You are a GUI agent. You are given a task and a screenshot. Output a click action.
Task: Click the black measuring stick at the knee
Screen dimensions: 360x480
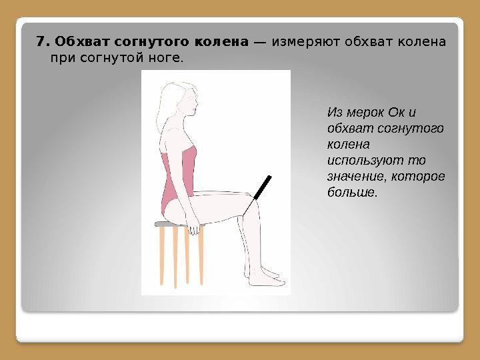click(262, 187)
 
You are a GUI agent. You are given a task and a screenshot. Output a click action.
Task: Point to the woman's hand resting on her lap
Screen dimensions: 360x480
click(193, 229)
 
